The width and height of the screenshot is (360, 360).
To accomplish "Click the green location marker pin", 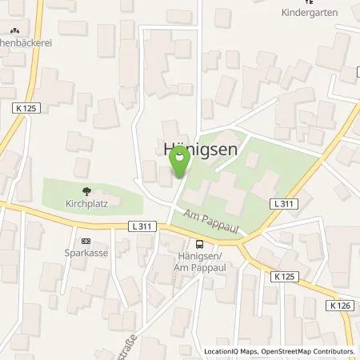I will tap(179, 163).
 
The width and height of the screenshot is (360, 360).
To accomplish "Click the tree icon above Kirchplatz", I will tap(86, 191).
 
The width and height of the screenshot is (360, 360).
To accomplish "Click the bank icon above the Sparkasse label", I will tap(86, 240).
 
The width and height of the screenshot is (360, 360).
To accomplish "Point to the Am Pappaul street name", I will tap(210, 223).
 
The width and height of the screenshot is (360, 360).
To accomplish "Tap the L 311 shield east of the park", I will tap(282, 206).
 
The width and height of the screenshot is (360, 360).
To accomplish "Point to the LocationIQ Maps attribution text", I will tap(230, 351).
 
